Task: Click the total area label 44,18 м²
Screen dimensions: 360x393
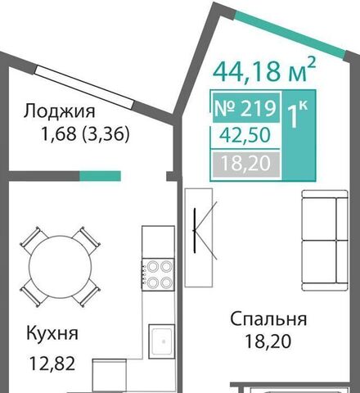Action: (x=264, y=70)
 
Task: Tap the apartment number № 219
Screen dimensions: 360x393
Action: (x=245, y=107)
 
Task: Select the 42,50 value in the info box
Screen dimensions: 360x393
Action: (x=245, y=135)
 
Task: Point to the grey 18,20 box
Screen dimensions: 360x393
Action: (x=246, y=165)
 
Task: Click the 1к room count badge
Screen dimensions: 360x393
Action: (x=299, y=135)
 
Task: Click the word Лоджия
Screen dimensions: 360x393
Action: (x=60, y=111)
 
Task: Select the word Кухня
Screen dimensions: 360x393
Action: (x=52, y=333)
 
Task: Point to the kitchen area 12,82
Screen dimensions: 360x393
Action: (x=52, y=364)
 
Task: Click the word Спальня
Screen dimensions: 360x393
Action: (x=268, y=319)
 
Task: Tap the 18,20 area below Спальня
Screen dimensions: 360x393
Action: (x=268, y=341)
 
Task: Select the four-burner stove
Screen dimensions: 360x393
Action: (x=158, y=274)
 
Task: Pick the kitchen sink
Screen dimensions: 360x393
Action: (x=162, y=341)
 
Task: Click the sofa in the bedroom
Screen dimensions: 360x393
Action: (x=325, y=241)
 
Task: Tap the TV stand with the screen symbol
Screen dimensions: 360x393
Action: (x=199, y=237)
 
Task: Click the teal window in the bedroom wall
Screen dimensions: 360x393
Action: (x=290, y=34)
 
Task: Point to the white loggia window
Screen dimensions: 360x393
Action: (x=85, y=86)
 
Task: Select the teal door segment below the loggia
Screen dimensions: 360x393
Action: (x=100, y=176)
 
